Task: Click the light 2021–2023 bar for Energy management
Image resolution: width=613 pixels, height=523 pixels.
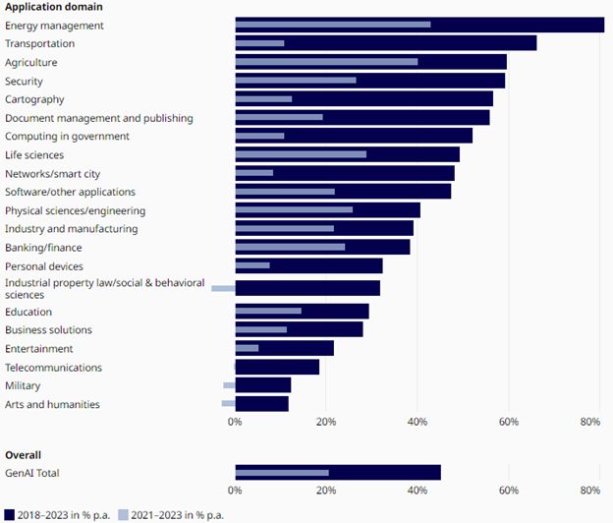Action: click(x=332, y=24)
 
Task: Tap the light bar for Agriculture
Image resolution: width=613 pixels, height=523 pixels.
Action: click(x=326, y=61)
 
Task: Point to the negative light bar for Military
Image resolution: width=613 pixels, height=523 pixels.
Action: click(x=229, y=385)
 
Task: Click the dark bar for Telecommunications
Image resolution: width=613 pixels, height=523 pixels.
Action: click(x=277, y=367)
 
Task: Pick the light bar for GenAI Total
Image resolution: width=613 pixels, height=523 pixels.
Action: click(x=282, y=473)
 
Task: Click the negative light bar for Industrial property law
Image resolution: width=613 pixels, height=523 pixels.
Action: click(x=223, y=288)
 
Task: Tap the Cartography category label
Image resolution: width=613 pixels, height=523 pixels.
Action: click(x=34, y=99)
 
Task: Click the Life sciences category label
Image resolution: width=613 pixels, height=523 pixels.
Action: click(x=34, y=155)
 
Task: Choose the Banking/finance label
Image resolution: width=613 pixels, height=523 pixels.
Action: click(x=43, y=248)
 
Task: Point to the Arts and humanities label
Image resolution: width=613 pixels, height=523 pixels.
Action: click(x=52, y=404)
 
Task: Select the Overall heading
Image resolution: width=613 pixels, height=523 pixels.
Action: click(x=23, y=455)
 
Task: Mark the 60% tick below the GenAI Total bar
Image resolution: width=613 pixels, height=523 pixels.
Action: click(x=508, y=490)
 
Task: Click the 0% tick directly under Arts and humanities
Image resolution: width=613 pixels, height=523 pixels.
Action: click(x=235, y=422)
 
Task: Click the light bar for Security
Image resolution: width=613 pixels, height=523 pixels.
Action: click(x=295, y=80)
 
